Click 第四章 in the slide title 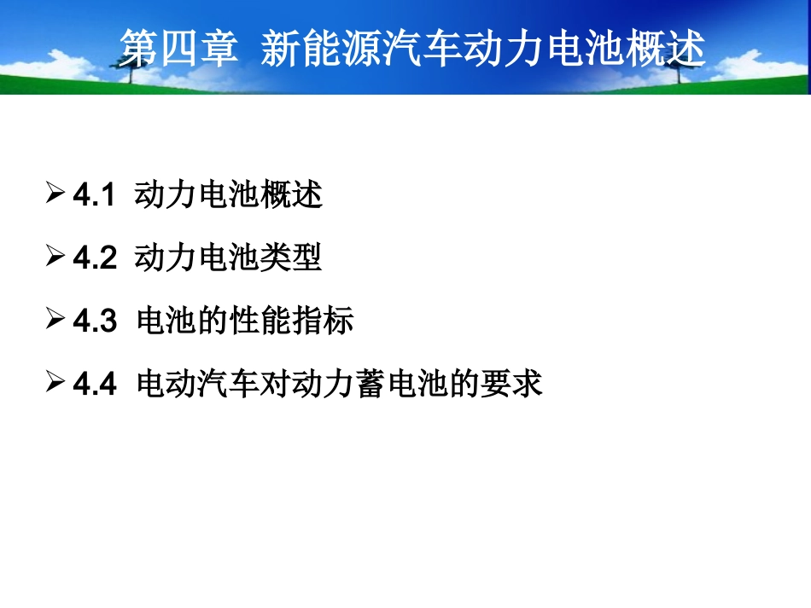click(178, 49)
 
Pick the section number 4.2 click(94, 259)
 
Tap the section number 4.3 click(94, 322)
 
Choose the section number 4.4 click(94, 385)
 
